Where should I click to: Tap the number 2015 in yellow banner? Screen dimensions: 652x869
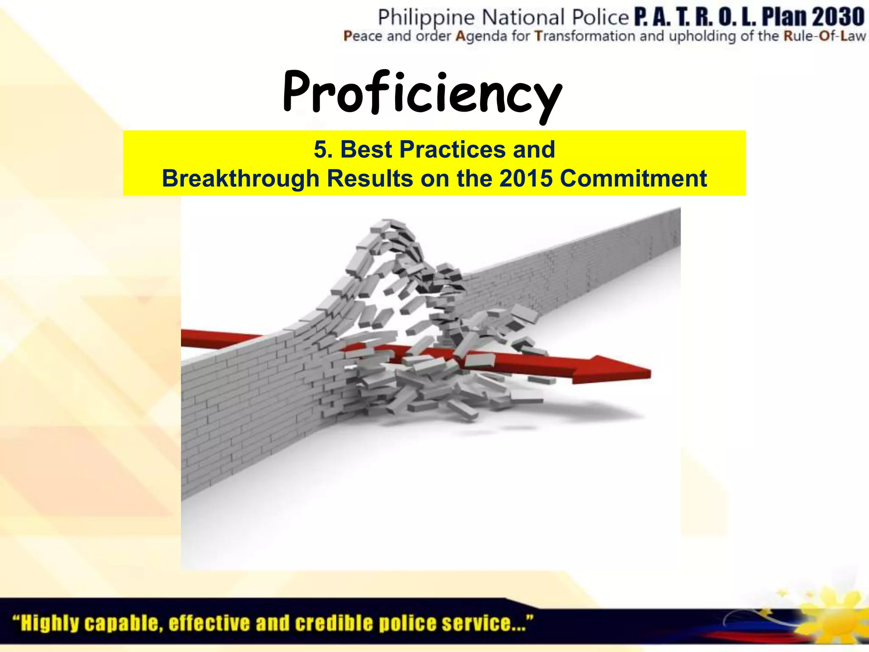click(x=526, y=178)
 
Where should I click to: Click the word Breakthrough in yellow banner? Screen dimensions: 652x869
click(x=240, y=178)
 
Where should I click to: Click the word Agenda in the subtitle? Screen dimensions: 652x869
click(x=481, y=37)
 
